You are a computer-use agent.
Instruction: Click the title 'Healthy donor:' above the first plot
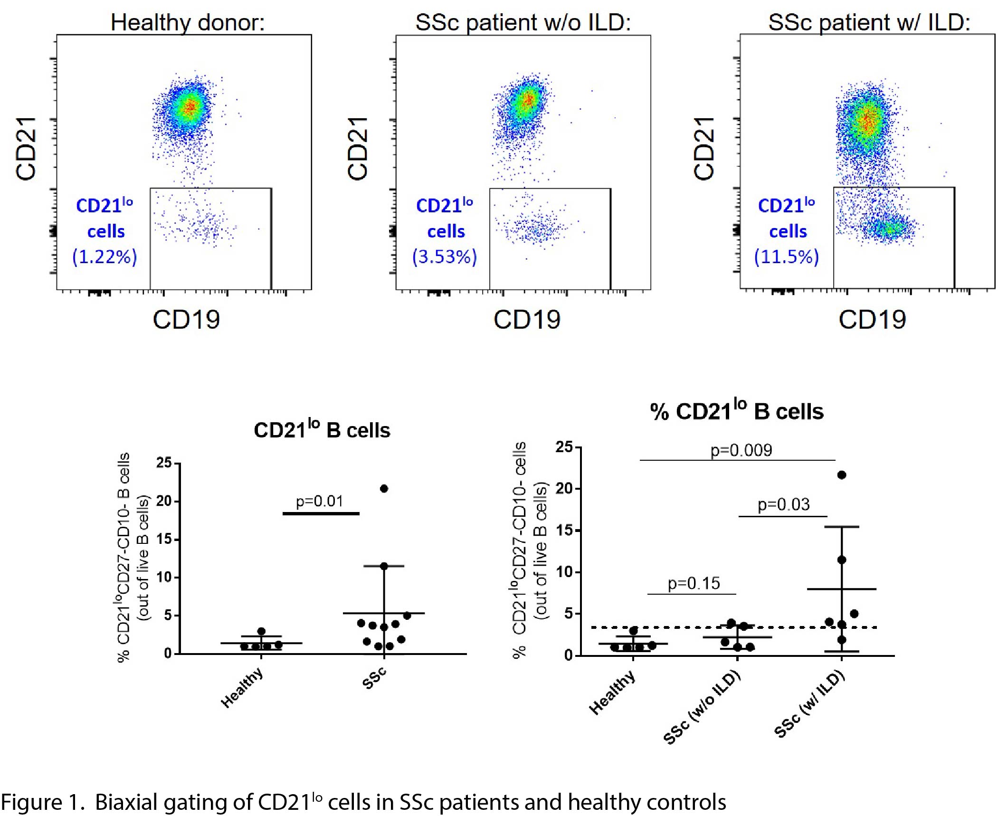tap(188, 22)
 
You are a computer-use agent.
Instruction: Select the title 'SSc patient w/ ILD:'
tap(869, 22)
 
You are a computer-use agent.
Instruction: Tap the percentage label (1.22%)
tap(105, 257)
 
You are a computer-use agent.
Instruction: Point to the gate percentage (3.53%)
tap(445, 257)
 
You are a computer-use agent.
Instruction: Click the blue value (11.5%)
tap(787, 257)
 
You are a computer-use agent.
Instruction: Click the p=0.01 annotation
tap(319, 501)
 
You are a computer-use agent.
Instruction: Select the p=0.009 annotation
tap(741, 450)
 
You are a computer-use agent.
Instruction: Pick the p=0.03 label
tap(783, 504)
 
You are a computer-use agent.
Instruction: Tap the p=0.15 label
tap(694, 583)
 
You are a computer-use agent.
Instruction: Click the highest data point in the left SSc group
tap(384, 488)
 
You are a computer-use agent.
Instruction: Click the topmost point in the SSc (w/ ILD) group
tap(842, 475)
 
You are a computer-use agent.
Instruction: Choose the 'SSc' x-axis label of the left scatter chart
tap(374, 678)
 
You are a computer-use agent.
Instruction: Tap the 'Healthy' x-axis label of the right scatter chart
tap(612, 693)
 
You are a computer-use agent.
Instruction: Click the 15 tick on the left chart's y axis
tap(164, 540)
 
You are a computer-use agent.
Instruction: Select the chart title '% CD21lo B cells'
tap(737, 411)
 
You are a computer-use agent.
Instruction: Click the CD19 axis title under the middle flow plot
tap(527, 320)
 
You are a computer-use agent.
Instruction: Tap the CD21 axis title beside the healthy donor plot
tap(26, 149)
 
